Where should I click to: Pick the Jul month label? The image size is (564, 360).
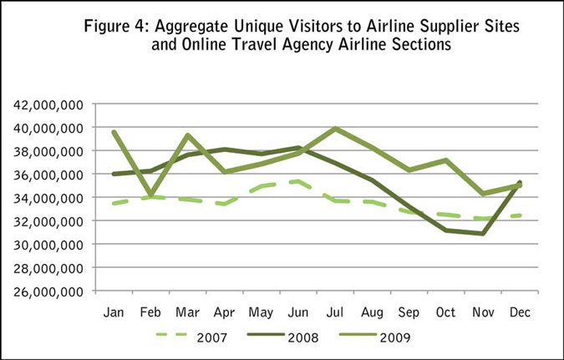tap(335, 312)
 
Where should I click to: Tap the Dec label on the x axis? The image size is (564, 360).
tap(521, 312)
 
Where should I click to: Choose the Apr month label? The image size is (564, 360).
tap(224, 312)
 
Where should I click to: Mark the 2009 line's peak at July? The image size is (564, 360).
tap(335, 129)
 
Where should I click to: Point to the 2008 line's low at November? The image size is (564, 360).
tap(484, 234)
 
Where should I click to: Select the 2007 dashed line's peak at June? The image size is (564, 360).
tap(298, 180)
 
